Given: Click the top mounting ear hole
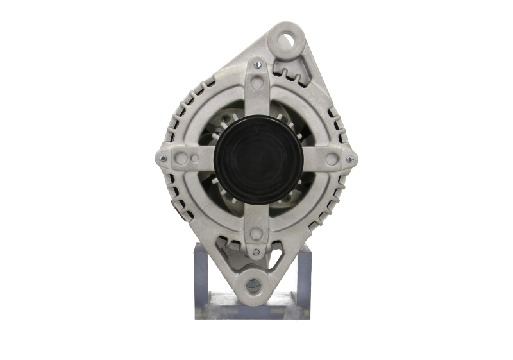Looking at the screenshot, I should [x=285, y=39].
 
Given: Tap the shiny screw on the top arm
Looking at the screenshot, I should [x=257, y=64].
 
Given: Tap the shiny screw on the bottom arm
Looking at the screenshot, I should [x=256, y=251].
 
